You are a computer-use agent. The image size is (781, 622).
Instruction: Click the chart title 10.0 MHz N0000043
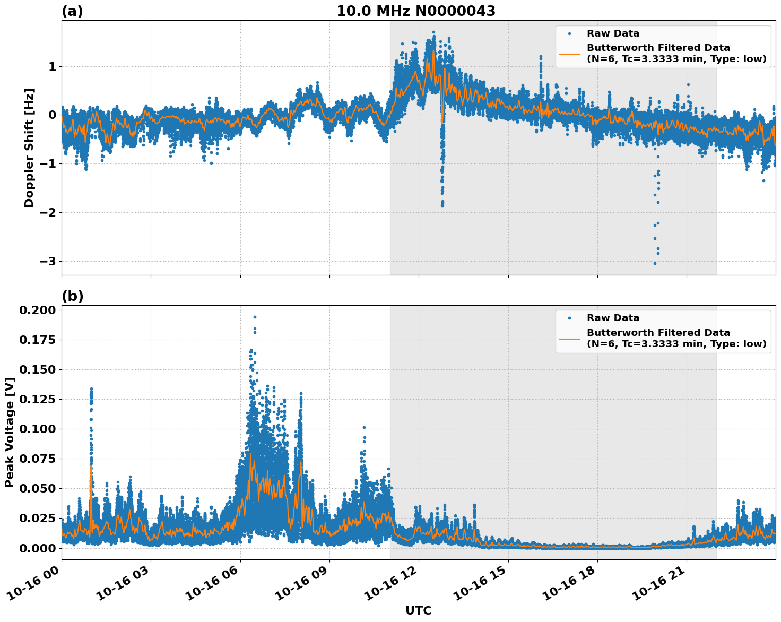[416, 11]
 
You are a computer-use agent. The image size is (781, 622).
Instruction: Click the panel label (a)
[72, 11]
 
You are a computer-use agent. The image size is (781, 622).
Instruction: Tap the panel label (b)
[73, 296]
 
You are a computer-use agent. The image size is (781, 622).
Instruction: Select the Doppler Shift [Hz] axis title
[29, 148]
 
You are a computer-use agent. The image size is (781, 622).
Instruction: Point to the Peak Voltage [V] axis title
[9, 432]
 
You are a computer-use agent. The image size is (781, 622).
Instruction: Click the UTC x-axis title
[418, 610]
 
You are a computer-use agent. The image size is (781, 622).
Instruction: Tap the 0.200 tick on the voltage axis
[38, 310]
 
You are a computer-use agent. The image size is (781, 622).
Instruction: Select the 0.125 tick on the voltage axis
[38, 399]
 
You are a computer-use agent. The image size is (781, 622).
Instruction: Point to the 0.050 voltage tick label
[38, 488]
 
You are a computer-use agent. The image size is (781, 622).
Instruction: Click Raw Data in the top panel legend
[613, 34]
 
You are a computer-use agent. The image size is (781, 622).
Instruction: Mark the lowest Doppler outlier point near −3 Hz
[655, 263]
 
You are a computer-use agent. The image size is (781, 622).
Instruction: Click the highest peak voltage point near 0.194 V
[255, 317]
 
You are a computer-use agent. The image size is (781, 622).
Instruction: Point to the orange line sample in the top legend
[569, 53]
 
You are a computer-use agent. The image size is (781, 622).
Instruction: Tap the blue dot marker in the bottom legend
[569, 318]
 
